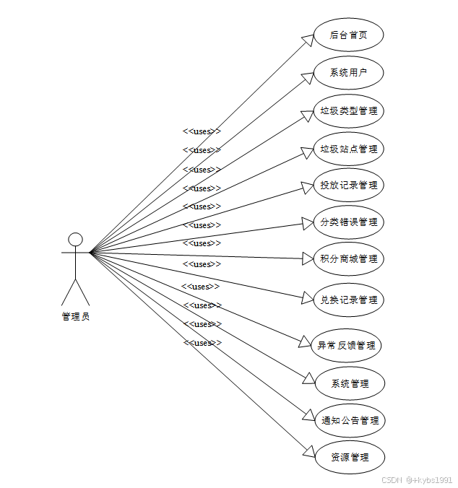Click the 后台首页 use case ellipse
348,35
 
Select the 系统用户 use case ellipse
348,73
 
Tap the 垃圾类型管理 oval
348,111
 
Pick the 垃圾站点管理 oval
348,149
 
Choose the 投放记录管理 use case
348,185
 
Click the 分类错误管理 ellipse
348,222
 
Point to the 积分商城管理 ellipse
348,258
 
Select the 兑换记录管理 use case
348,300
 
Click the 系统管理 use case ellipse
350,383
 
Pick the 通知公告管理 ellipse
350,420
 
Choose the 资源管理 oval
350,457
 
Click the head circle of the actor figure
75,239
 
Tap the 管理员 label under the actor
75,316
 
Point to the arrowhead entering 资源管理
308,453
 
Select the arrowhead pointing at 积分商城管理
306,258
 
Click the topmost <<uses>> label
202,131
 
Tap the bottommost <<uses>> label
202,343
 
